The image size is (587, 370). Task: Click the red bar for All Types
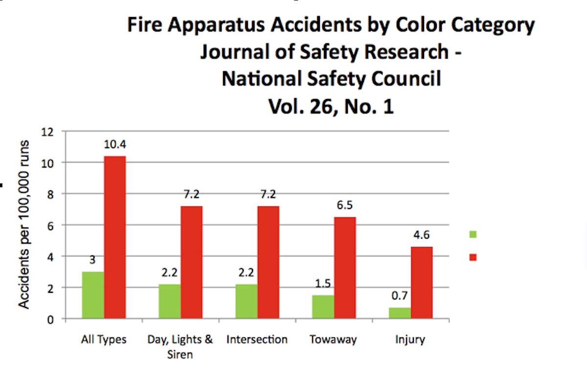(x=115, y=237)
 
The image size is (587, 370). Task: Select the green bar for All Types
(x=93, y=295)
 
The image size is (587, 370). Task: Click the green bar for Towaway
(x=323, y=307)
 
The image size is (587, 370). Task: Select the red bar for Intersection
(x=269, y=262)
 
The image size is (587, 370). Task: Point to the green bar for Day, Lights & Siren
(x=170, y=301)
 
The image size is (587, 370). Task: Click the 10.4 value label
(x=115, y=145)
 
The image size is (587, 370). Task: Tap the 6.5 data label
(x=345, y=206)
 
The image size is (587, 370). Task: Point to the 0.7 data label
(x=400, y=296)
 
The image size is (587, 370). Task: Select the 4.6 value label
(x=422, y=235)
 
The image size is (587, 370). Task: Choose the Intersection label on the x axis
(x=257, y=339)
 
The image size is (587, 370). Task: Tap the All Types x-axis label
(x=104, y=339)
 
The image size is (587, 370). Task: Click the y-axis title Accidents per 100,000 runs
(x=24, y=225)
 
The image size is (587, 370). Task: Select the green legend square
(x=473, y=234)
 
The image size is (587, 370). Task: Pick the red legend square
(x=473, y=257)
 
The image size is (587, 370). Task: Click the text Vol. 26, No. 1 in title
(x=331, y=107)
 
